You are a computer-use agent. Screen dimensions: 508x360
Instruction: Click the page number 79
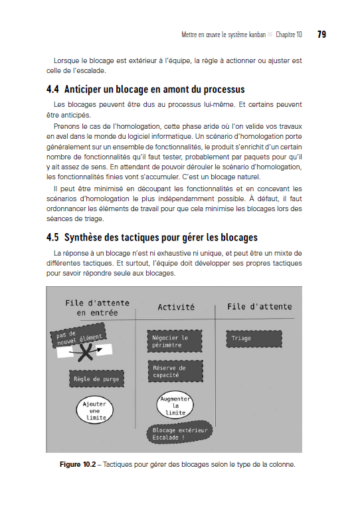point(321,35)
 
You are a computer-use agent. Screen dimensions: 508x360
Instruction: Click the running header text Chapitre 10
point(289,35)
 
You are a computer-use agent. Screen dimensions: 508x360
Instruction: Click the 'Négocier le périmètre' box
point(170,341)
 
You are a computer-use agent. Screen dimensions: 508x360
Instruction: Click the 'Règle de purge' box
point(97,379)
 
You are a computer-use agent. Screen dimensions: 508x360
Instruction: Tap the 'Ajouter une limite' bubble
point(92,410)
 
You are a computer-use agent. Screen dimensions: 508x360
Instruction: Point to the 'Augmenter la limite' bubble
point(175,405)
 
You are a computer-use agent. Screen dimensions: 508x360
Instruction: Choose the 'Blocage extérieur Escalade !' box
point(179,434)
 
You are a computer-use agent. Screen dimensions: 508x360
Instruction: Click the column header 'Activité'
point(176,307)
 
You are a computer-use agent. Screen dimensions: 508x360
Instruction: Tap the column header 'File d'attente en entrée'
point(97,307)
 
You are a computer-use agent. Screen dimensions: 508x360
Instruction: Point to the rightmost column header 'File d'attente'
point(259,306)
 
